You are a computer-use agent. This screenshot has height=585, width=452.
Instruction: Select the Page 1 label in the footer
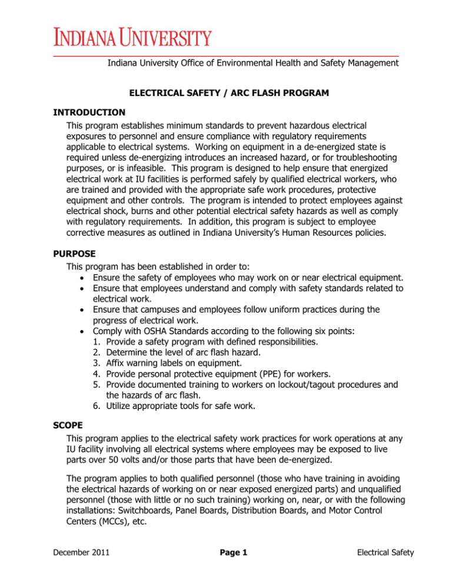[x=226, y=570]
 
